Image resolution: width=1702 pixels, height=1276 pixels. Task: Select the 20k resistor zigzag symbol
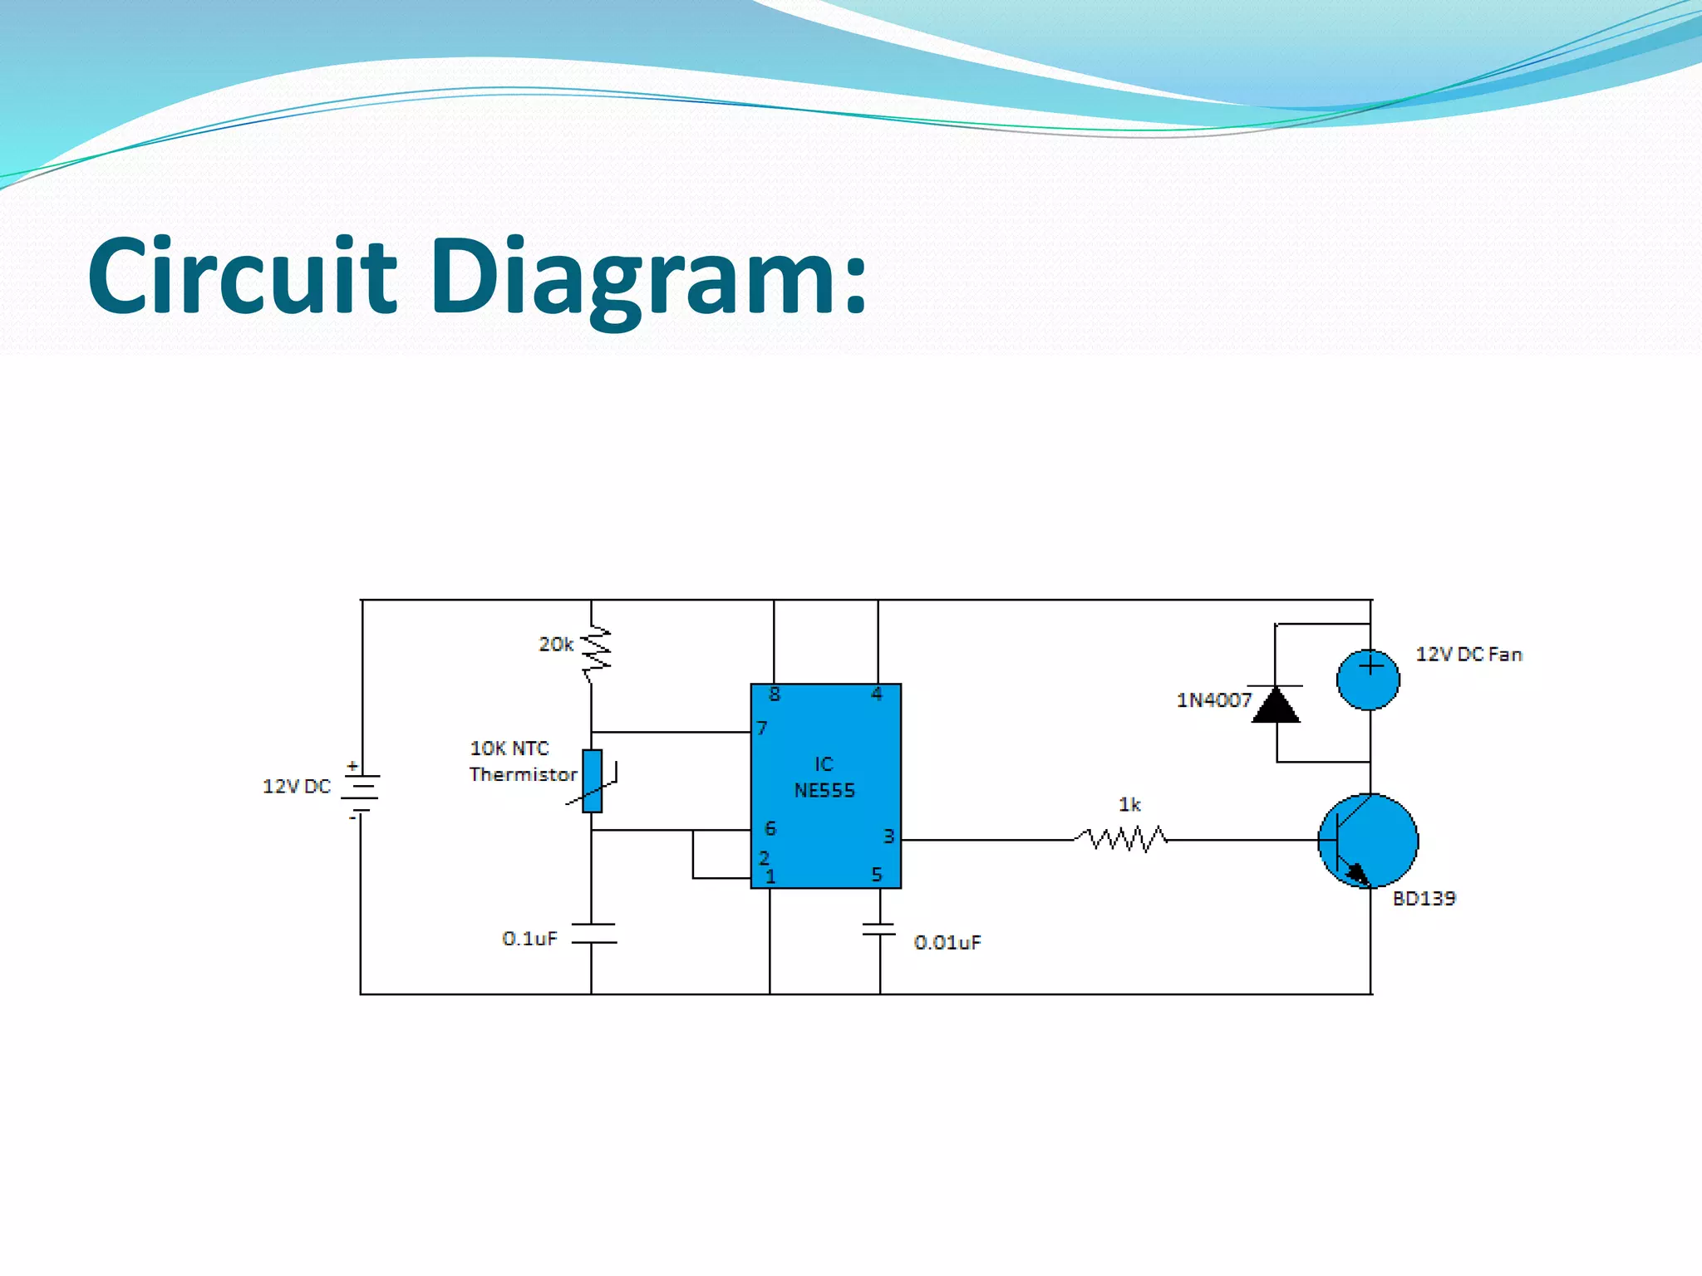pyautogui.click(x=595, y=650)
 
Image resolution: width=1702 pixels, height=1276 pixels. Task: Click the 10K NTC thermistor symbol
pyautogui.click(x=592, y=781)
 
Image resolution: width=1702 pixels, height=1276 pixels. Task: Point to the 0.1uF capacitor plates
pyautogui.click(x=593, y=934)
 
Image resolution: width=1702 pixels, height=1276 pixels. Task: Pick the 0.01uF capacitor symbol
pyautogui.click(x=879, y=929)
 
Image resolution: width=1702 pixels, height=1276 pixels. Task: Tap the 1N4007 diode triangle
pyautogui.click(x=1276, y=705)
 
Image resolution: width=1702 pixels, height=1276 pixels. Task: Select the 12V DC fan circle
pyautogui.click(x=1368, y=679)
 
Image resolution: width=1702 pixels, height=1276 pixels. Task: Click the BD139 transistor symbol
pyautogui.click(x=1368, y=841)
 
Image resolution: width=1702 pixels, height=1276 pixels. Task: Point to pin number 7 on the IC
pyautogui.click(x=762, y=729)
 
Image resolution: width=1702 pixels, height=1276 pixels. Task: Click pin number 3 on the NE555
pyautogui.click(x=888, y=836)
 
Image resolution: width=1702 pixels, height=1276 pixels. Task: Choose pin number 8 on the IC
pyautogui.click(x=775, y=694)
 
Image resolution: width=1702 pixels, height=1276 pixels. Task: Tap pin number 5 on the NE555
pyautogui.click(x=876, y=874)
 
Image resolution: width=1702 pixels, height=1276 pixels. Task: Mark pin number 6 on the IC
pyautogui.click(x=770, y=828)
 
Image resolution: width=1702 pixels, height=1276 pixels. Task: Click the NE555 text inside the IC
pyautogui.click(x=824, y=791)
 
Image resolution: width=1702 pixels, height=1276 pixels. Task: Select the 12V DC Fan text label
pyautogui.click(x=1468, y=655)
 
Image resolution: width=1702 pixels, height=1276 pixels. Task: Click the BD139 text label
pyautogui.click(x=1424, y=899)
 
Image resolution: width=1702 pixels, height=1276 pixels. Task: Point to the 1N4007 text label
pyautogui.click(x=1213, y=700)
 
